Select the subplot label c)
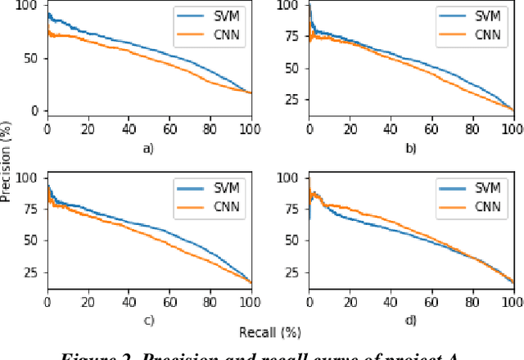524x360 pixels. click(x=148, y=321)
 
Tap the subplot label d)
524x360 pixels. click(x=411, y=321)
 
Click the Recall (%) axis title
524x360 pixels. click(x=271, y=332)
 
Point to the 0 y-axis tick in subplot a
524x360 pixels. click(x=34, y=110)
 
